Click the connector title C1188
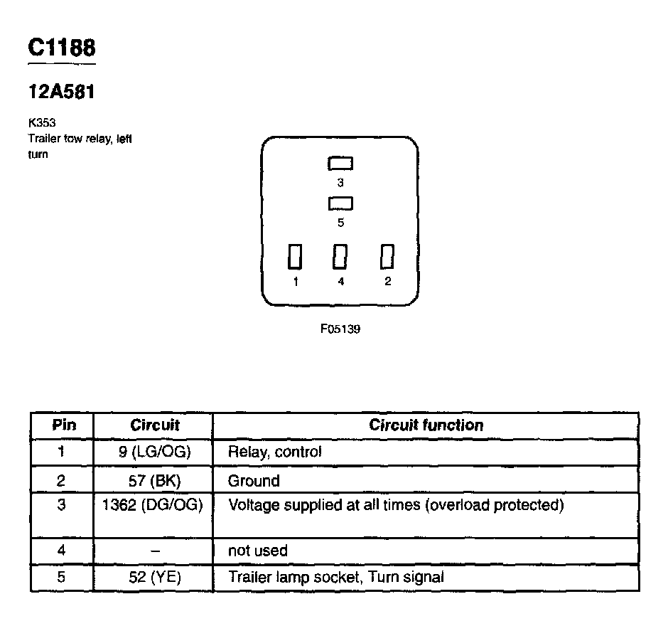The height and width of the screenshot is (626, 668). [x=61, y=48]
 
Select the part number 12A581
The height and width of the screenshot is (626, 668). [x=61, y=92]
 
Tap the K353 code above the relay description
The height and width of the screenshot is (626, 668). [x=42, y=122]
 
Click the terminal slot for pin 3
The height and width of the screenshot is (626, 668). [x=340, y=164]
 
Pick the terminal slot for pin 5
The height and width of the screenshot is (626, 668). [x=340, y=204]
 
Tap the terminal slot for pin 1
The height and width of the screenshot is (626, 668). [x=295, y=256]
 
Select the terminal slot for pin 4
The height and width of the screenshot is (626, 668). [x=340, y=256]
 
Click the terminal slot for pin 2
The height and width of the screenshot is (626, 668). [x=387, y=256]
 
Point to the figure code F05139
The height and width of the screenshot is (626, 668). [x=340, y=329]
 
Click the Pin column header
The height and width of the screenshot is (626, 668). [x=62, y=425]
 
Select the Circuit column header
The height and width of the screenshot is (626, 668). [x=154, y=425]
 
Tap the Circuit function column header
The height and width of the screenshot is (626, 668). [x=426, y=425]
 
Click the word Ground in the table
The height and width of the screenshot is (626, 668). [x=254, y=481]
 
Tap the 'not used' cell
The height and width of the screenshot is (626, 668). [x=258, y=551]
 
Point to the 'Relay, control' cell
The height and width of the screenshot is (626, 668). [x=274, y=452]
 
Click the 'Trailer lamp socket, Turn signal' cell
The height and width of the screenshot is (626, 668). [x=335, y=578]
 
